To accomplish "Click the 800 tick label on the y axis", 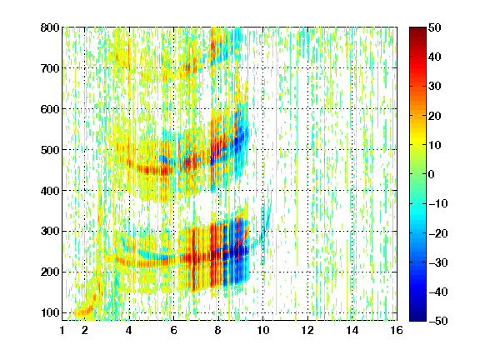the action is (x=50, y=27).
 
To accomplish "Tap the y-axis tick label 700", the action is (x=50, y=68).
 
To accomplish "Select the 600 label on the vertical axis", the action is (x=50, y=109).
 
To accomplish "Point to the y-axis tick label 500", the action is (x=50, y=150).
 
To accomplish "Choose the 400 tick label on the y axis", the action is (x=50, y=191).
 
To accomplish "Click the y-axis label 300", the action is (x=50, y=232).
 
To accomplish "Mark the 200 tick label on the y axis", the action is (x=50, y=272).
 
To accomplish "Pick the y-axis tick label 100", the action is (x=50, y=312).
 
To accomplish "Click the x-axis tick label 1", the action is (x=62, y=330).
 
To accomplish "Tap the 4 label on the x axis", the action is (x=129, y=330).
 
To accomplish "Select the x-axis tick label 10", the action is (x=263, y=330).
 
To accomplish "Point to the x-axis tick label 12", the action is (x=307, y=330).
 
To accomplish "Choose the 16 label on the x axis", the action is (x=397, y=330).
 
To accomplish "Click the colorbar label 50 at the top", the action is (x=435, y=27).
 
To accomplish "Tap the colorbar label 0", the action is (x=432, y=174).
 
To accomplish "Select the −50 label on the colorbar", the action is (x=438, y=321).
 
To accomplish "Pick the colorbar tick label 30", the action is (x=435, y=87).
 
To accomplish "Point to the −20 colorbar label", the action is (x=438, y=233).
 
